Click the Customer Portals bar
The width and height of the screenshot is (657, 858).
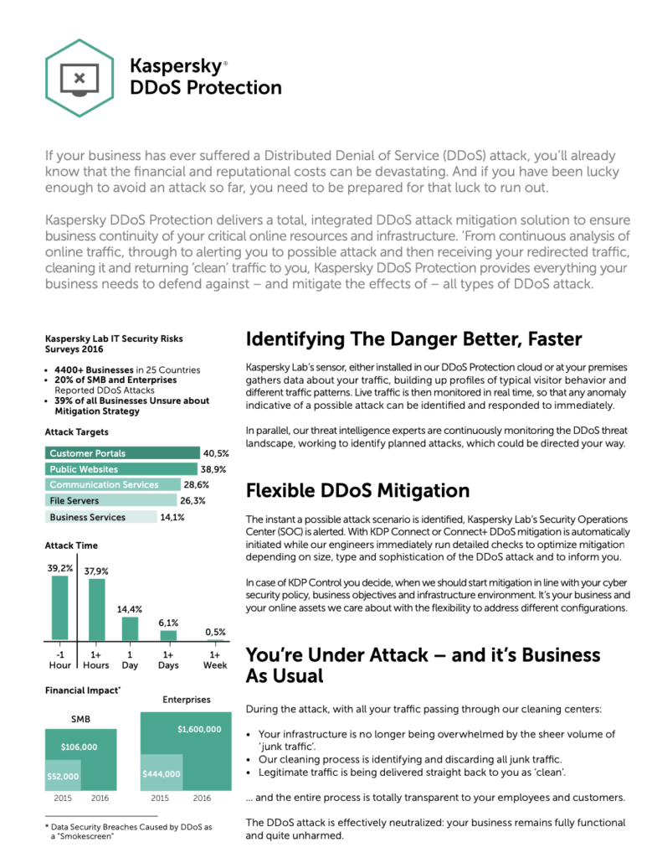click(x=121, y=453)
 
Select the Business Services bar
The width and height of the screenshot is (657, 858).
click(x=100, y=517)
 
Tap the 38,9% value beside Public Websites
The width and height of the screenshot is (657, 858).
click(x=214, y=469)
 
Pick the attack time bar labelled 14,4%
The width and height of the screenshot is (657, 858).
click(x=130, y=628)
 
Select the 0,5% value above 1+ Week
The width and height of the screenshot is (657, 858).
click(x=216, y=632)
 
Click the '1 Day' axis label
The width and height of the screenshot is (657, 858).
click(x=130, y=659)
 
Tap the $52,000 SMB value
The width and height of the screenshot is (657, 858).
click(x=63, y=777)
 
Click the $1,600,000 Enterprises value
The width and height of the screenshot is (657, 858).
click(x=199, y=729)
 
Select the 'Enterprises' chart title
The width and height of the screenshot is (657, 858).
click(x=185, y=699)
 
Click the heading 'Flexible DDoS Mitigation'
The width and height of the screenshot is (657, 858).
click(x=357, y=490)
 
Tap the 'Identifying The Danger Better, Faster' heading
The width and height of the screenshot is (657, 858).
click(x=413, y=339)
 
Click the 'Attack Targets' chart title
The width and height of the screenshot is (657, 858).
click(x=76, y=432)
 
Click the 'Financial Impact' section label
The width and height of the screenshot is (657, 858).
click(x=83, y=690)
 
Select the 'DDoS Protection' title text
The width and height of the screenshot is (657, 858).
click(x=206, y=87)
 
